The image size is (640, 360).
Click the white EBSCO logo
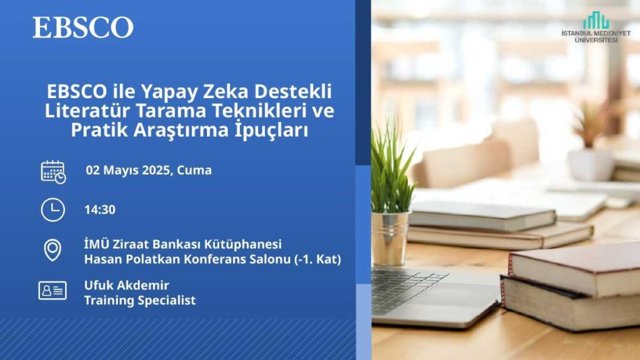pos(83,27)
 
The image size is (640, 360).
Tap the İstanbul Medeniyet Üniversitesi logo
pos(596,27)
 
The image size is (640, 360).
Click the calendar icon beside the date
pos(53,172)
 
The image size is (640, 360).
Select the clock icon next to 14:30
pos(52,210)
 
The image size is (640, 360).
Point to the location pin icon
pos(52,250)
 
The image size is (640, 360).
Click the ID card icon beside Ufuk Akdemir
pos(52,291)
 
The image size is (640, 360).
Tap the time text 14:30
pos(100,210)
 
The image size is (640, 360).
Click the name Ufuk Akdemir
pos(126,285)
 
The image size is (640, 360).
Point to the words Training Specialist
pos(140,301)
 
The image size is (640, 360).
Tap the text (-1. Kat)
pos(317,259)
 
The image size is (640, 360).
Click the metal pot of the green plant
pos(390,238)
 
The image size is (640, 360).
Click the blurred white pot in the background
pos(591,164)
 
